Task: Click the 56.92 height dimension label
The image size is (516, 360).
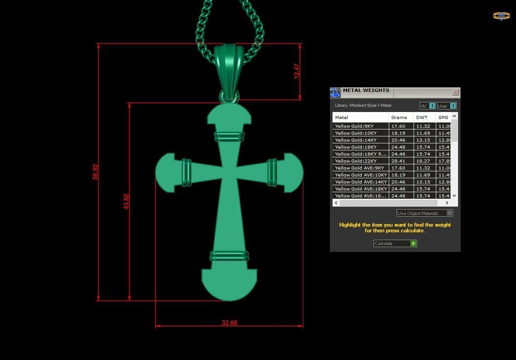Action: pyautogui.click(x=95, y=172)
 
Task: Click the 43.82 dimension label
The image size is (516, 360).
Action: pyautogui.click(x=126, y=201)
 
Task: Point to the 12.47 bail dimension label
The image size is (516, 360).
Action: pyautogui.click(x=297, y=71)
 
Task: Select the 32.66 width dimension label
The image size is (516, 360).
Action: pyautogui.click(x=229, y=323)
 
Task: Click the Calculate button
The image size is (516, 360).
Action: pyautogui.click(x=395, y=243)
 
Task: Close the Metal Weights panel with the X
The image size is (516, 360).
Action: pyautogui.click(x=455, y=92)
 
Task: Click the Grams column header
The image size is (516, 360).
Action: pyautogui.click(x=399, y=117)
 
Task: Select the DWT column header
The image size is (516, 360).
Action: pyautogui.click(x=422, y=117)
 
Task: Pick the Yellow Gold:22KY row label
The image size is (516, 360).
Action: pyautogui.click(x=356, y=161)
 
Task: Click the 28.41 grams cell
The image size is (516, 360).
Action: pyautogui.click(x=398, y=161)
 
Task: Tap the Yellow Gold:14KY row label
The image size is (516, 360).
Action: pyautogui.click(x=356, y=140)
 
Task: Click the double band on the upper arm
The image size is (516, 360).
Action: pyautogui.click(x=229, y=136)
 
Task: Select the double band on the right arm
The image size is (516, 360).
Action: pyautogui.click(x=272, y=173)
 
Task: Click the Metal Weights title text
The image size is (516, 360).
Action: pyautogui.click(x=366, y=90)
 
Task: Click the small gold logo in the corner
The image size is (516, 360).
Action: pyautogui.click(x=501, y=16)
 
